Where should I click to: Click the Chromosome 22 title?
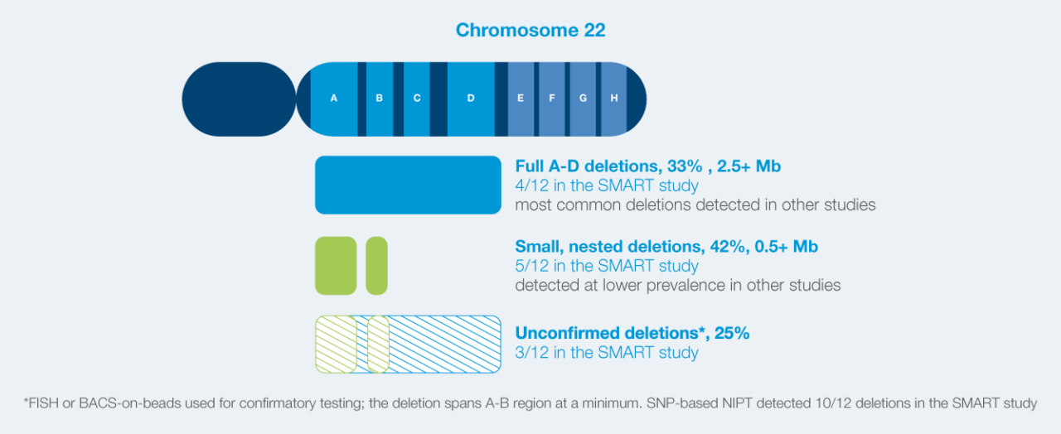[530, 31]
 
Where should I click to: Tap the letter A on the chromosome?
[334, 99]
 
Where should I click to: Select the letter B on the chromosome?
[380, 99]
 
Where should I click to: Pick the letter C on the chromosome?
[417, 99]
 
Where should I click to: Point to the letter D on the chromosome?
[471, 99]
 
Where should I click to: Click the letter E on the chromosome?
[521, 99]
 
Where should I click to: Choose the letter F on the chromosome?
[552, 99]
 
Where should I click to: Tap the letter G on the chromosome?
[584, 99]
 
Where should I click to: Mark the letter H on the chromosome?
[614, 99]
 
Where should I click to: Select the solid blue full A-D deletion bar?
[408, 185]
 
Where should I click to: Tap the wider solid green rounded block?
[336, 266]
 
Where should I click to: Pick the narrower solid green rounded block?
[376, 266]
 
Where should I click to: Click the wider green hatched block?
[336, 344]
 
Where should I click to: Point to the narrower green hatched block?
[378, 344]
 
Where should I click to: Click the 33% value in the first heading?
[688, 166]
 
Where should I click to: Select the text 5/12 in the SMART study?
[607, 267]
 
